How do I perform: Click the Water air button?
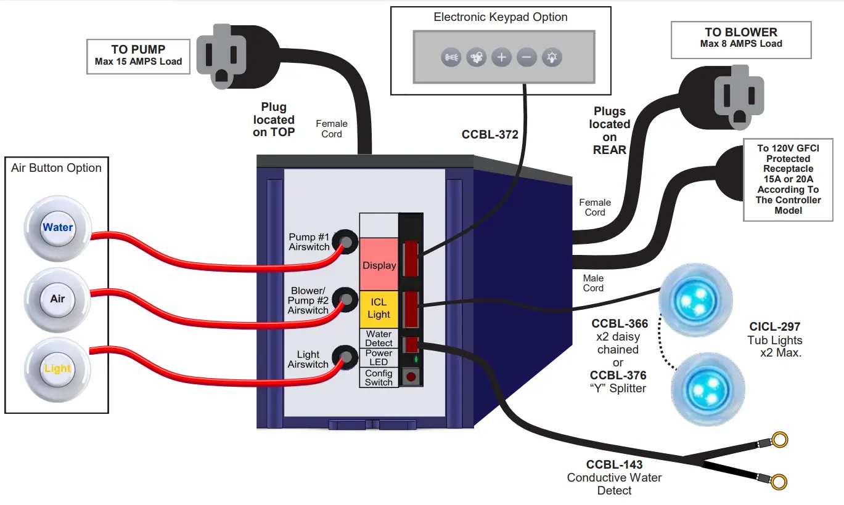pos(57,227)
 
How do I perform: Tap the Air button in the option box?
pos(57,299)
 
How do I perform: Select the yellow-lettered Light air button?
pos(57,369)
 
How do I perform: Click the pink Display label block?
pos(379,265)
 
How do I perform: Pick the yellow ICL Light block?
pos(379,309)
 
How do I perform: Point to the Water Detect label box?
pos(379,338)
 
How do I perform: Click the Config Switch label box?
pos(379,378)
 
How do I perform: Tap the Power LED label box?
pos(379,358)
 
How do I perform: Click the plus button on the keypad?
pos(502,58)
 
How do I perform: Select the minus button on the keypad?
pos(526,58)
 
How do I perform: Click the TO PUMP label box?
pos(138,56)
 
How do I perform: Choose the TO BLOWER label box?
pos(741,38)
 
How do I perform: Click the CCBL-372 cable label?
pos(490,134)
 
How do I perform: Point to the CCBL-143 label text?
pos(614,465)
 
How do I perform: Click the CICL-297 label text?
pos(775,327)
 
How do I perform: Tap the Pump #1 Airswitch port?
pos(347,242)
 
